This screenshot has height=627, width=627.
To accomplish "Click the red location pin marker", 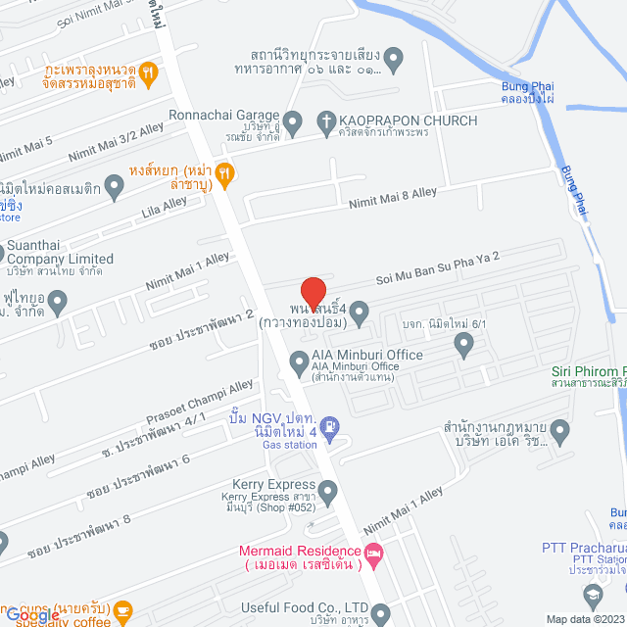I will [x=313, y=292].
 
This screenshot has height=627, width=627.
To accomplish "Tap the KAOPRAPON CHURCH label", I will [x=408, y=121].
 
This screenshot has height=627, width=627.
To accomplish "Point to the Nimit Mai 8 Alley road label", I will [x=394, y=197].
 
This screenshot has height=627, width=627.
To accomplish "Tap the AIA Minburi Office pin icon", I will [x=298, y=365].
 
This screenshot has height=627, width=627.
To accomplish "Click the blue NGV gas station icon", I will [x=330, y=426].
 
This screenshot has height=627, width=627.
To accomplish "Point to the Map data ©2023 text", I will [x=585, y=619].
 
